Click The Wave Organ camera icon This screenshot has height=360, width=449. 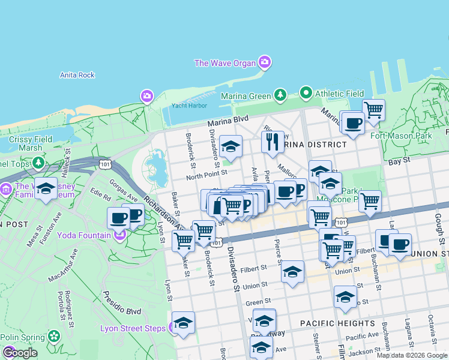pyautogui.click(x=265, y=62)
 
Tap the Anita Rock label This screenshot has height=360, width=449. pyautogui.click(x=77, y=75)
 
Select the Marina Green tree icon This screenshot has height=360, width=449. pyautogui.click(x=280, y=95)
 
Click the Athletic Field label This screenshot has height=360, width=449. pyautogui.click(x=340, y=94)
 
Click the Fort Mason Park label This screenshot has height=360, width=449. pyautogui.click(x=418, y=136)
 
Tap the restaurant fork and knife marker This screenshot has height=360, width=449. pyautogui.click(x=273, y=142)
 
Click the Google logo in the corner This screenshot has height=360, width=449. pyautogui.click(x=20, y=352)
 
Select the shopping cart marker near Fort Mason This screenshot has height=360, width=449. pyautogui.click(x=373, y=110)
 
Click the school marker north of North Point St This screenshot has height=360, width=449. pyautogui.click(x=231, y=146)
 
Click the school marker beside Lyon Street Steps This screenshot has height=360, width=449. pyautogui.click(x=184, y=322)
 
